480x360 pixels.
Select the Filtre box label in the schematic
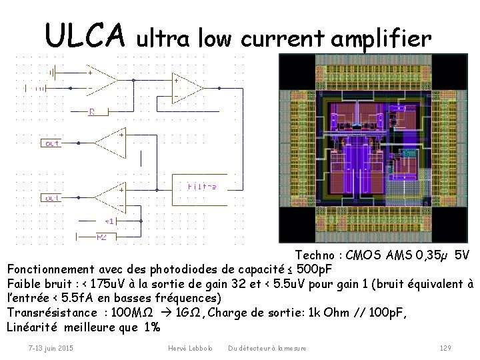tap(201, 187)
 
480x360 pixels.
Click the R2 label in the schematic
tap(102, 237)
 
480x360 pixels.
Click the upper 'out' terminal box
tap(52, 143)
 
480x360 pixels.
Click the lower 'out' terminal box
tap(52, 198)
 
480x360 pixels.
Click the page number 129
tap(446, 348)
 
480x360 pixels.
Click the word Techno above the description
tap(317, 255)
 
